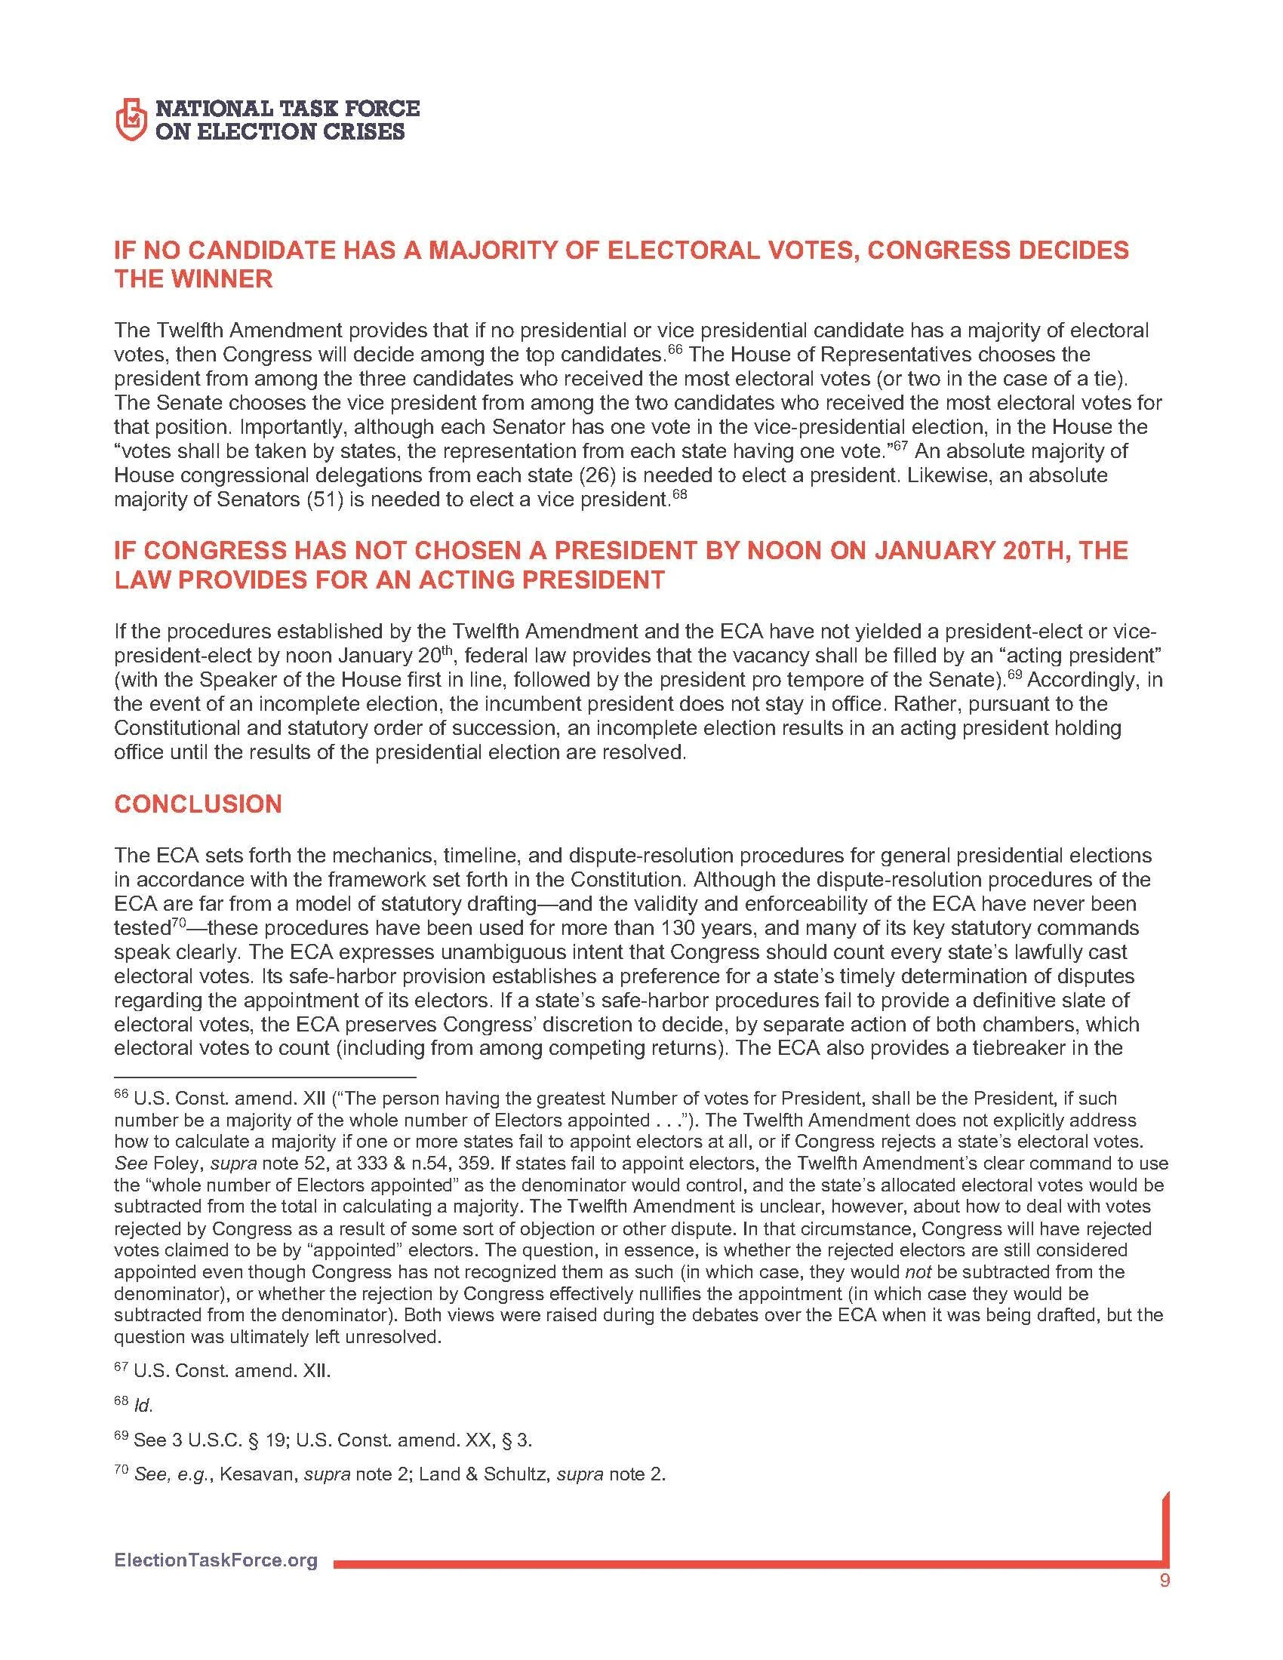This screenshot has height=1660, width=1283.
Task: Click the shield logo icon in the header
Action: click(x=129, y=119)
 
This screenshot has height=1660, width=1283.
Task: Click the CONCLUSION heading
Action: click(x=198, y=804)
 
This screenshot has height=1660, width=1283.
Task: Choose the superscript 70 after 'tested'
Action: click(x=177, y=924)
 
